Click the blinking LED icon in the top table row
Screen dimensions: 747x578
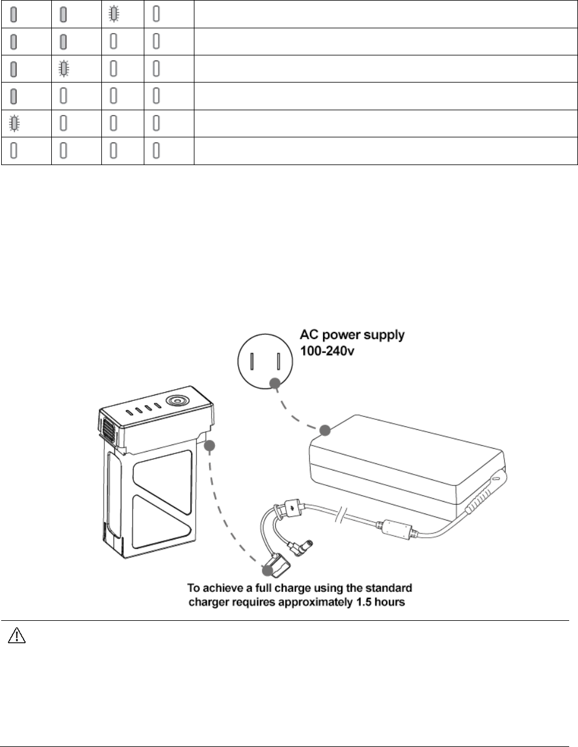113,14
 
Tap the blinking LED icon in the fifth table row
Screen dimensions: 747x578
13,124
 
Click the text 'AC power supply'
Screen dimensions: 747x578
352,335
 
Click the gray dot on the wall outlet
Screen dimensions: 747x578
274,383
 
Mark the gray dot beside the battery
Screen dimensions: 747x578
209,446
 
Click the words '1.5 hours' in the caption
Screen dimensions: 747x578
381,603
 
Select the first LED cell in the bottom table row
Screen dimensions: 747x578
13,152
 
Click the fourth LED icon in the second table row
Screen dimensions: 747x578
156,42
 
